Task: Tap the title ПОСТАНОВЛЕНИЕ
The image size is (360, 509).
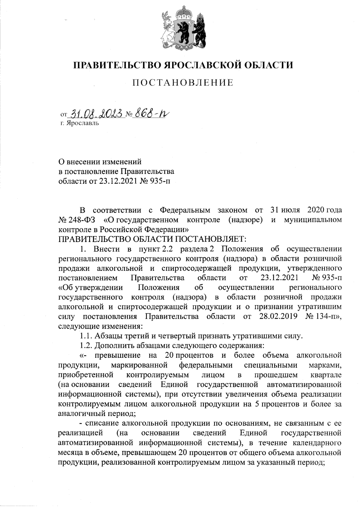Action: tap(183, 83)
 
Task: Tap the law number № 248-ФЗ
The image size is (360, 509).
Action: tap(76, 220)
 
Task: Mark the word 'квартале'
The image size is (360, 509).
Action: tap(326, 375)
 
